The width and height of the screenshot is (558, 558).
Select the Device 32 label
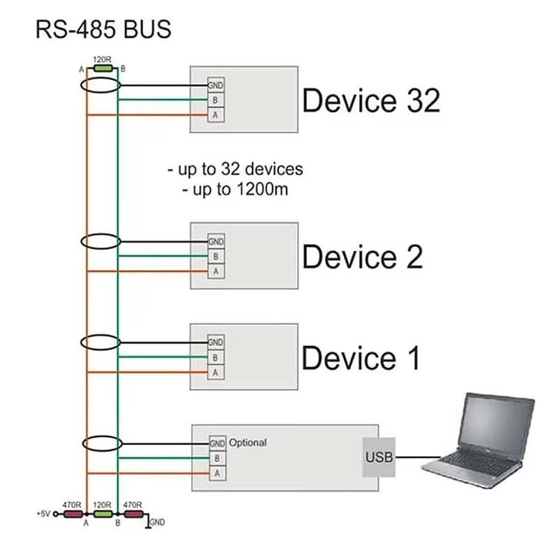pos(371,101)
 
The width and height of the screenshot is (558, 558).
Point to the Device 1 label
pos(361,358)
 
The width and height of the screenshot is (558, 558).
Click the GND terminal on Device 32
pos(216,85)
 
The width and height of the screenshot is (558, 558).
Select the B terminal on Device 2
pos(216,257)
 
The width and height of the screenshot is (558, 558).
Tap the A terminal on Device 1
pos(216,372)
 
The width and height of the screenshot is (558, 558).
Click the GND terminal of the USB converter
pos(217,444)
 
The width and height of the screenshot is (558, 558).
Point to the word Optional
pos(248,443)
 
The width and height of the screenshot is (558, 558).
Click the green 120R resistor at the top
pos(103,68)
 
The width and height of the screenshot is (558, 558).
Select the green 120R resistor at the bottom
pos(103,514)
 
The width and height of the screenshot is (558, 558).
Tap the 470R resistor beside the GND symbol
pos(133,514)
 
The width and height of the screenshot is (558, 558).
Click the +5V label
pos(43,513)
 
